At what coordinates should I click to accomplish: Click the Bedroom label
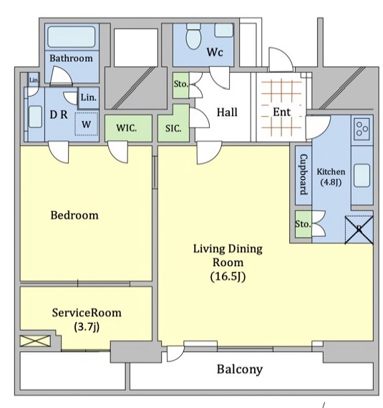[x=74, y=215]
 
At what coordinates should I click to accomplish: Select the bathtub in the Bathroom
[x=72, y=37]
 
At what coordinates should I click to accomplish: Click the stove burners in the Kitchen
[x=362, y=129]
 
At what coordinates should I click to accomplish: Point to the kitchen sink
[x=362, y=175]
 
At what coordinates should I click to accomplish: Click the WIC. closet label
[x=127, y=128]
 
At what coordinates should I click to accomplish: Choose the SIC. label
[x=173, y=128]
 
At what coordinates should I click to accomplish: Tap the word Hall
[x=227, y=112]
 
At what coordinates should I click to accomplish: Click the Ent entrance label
[x=281, y=112]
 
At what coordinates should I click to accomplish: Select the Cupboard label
[x=304, y=175]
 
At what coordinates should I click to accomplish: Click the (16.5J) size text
[x=228, y=276]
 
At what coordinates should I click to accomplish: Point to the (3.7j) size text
[x=87, y=326]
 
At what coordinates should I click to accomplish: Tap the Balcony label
[x=240, y=369]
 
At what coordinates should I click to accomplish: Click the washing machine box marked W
[x=87, y=124]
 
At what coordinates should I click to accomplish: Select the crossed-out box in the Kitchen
[x=359, y=230]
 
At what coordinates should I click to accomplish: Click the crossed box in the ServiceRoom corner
[x=35, y=341]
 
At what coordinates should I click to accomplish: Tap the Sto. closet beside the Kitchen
[x=304, y=224]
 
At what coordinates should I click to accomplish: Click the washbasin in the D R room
[x=35, y=117]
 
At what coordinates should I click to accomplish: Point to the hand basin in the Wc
[x=223, y=30]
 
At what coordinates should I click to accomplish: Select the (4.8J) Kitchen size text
[x=331, y=182]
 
